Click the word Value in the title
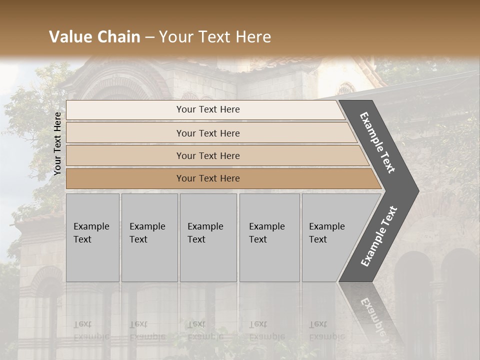click(x=68, y=37)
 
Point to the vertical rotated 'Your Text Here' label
click(x=57, y=143)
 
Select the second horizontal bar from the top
click(x=208, y=133)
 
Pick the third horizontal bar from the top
click(x=208, y=155)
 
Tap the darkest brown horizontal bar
click(x=208, y=178)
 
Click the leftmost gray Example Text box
click(x=92, y=237)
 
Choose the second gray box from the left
click(x=149, y=237)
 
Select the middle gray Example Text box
click(x=208, y=237)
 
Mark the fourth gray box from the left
click(x=269, y=237)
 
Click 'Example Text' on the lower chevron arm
click(x=378, y=236)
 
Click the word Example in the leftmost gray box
click(x=91, y=226)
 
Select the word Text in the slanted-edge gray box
click(x=318, y=239)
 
